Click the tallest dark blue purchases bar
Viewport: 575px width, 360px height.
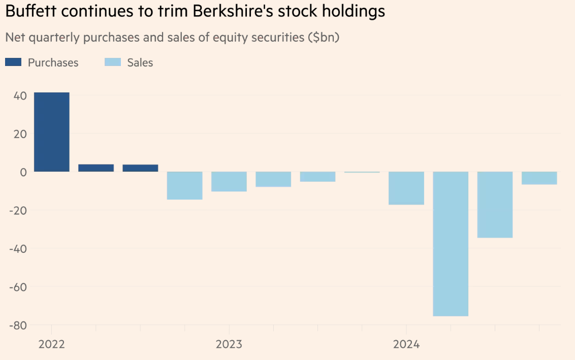pos(51,132)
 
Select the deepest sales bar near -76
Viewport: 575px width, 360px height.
pos(451,244)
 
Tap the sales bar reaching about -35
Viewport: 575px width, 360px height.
pos(495,205)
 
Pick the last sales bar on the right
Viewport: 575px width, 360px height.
pos(539,178)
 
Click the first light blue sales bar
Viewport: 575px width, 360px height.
pos(185,185)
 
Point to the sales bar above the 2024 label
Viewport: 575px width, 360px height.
pos(406,188)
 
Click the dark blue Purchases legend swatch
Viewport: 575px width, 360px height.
pos(13,62)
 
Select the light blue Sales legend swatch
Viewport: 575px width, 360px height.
pos(113,62)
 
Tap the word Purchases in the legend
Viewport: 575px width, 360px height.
pos(53,62)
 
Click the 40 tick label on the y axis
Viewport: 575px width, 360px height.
pos(19,96)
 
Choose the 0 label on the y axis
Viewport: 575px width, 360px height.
pos(23,172)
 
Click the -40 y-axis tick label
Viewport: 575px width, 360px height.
pos(17,249)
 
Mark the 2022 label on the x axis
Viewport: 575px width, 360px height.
pos(51,344)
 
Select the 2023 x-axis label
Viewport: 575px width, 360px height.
pos(229,344)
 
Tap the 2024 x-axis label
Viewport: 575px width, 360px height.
pos(406,344)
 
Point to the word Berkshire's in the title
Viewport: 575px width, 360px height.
pos(224,11)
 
